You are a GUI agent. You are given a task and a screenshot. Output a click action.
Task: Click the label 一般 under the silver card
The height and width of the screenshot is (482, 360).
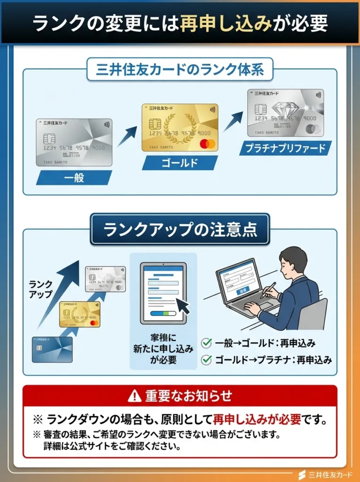point(74,177)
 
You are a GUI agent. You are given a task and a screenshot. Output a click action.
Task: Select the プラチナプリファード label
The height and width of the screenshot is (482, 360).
point(285,148)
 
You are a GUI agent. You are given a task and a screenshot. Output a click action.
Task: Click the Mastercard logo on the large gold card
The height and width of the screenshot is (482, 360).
point(206,143)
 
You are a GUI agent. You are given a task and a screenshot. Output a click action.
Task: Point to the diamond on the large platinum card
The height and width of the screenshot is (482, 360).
point(287,111)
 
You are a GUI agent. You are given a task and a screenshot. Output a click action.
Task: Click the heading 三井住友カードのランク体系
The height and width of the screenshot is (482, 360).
point(180,71)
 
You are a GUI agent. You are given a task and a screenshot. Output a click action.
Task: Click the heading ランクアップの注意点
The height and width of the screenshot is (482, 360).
point(180,230)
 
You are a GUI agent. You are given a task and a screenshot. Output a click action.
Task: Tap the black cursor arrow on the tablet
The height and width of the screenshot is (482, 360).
point(182,306)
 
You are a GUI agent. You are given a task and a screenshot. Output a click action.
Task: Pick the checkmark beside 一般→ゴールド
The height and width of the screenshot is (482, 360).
point(206,343)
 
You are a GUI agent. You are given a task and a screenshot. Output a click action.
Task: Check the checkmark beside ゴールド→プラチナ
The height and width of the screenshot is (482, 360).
point(206,360)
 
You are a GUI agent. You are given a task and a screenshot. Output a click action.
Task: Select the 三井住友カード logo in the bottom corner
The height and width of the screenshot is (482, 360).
point(325,474)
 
